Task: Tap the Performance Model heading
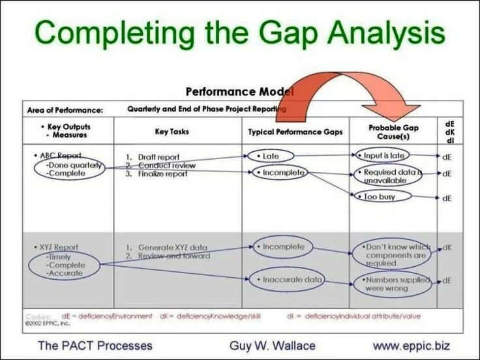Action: click(x=239, y=92)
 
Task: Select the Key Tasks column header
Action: click(x=172, y=132)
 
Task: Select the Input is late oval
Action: click(x=383, y=156)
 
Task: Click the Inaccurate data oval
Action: click(x=286, y=280)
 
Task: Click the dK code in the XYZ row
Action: click(x=447, y=248)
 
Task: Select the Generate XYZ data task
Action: click(x=168, y=247)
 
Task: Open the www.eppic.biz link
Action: click(x=411, y=345)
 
